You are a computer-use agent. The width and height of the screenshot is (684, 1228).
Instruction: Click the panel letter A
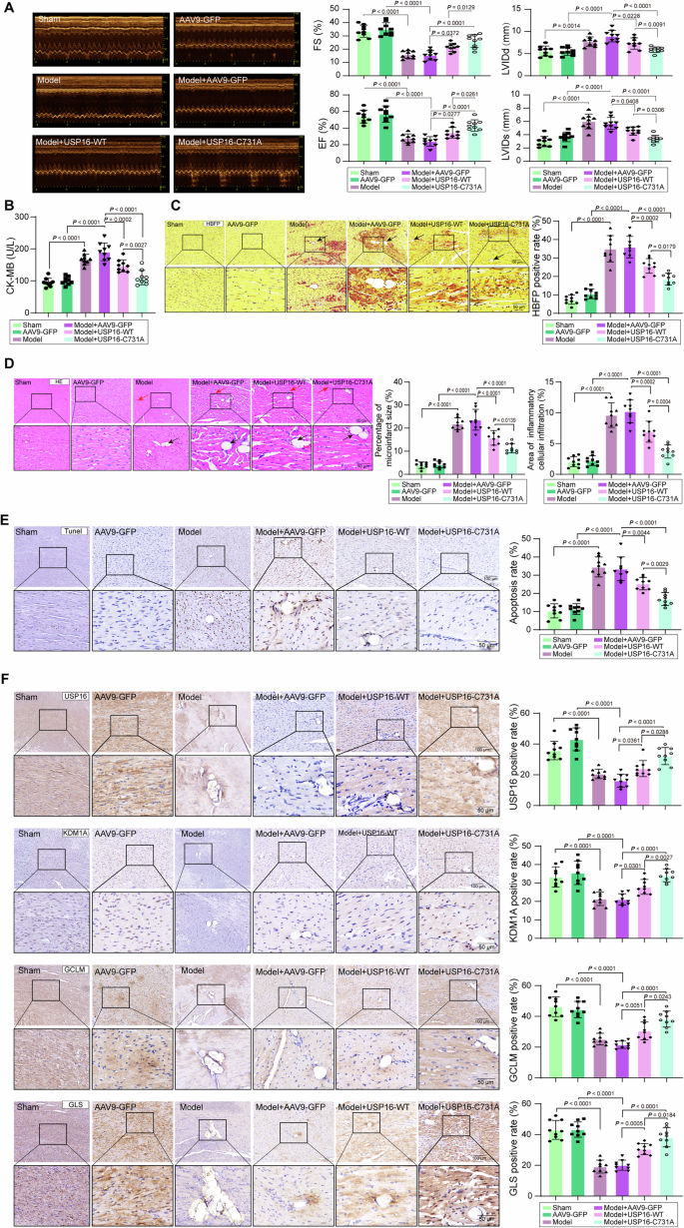[8, 7]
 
